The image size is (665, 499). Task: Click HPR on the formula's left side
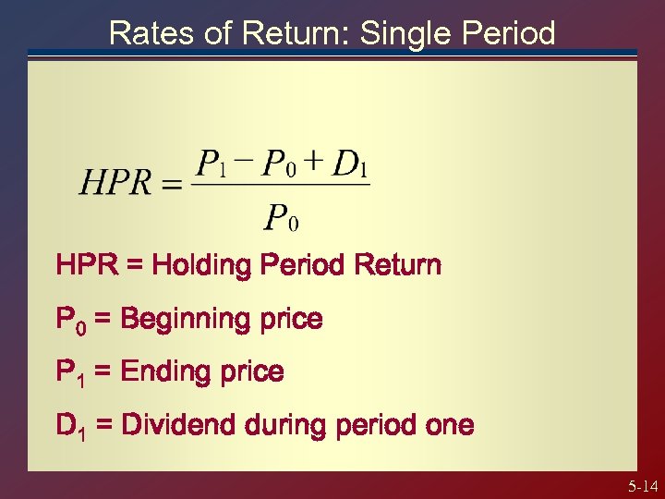115,182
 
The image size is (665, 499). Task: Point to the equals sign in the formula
172,184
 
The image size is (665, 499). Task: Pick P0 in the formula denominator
281,218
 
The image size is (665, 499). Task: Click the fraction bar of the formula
281,185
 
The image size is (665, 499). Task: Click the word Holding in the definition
192,266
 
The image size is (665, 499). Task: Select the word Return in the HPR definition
400,266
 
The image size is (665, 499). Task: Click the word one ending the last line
450,426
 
